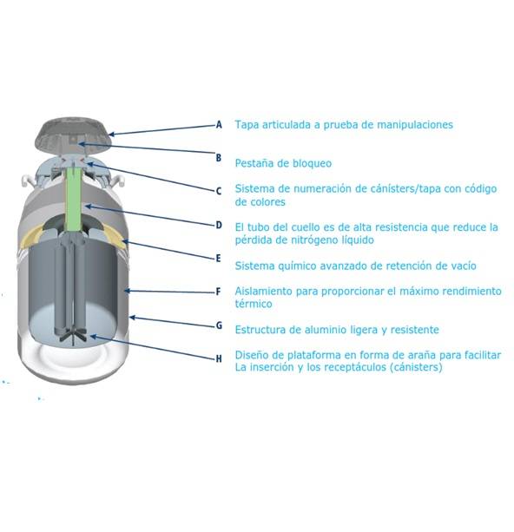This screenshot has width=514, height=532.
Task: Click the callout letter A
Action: point(219,124)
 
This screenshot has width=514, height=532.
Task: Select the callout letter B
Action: point(219,158)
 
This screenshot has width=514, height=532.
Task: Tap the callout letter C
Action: point(219,191)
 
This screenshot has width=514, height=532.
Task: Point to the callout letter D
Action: point(219,225)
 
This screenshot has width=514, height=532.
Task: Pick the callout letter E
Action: point(218,259)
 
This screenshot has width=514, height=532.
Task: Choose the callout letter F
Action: point(218,292)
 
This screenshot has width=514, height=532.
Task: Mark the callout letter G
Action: point(219,325)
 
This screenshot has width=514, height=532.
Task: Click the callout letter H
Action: point(219,358)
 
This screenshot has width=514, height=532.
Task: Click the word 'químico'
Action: point(297,266)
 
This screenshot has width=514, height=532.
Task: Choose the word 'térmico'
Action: point(254,304)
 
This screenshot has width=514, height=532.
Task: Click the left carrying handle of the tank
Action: point(28,181)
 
